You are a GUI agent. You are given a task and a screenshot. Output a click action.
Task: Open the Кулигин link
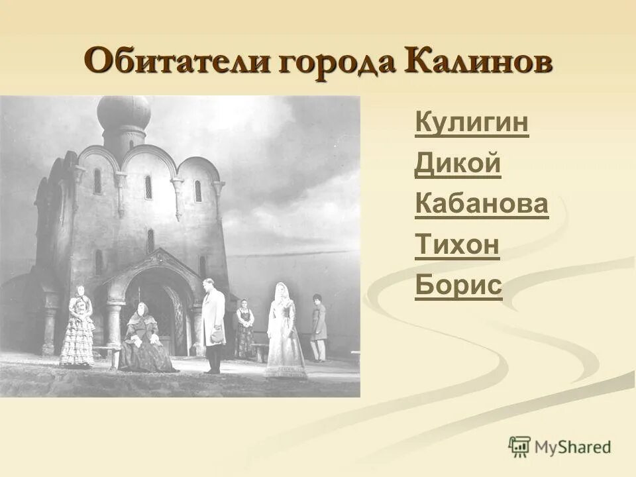click(472, 123)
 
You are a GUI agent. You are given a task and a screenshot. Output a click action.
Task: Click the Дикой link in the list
click(457, 164)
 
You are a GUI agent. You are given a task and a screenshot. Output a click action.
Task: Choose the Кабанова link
click(482, 204)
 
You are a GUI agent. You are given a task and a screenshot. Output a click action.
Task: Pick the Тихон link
click(456, 245)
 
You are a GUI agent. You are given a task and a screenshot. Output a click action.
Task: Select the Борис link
click(458, 286)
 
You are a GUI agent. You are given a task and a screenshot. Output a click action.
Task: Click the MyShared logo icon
click(519, 447)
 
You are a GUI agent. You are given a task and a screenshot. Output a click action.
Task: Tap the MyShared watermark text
click(575, 447)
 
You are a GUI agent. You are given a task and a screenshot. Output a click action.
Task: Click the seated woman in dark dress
click(144, 338)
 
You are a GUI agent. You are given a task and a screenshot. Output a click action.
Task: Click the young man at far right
click(319, 327)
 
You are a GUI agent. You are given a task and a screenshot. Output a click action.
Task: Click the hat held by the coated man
click(217, 337)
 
